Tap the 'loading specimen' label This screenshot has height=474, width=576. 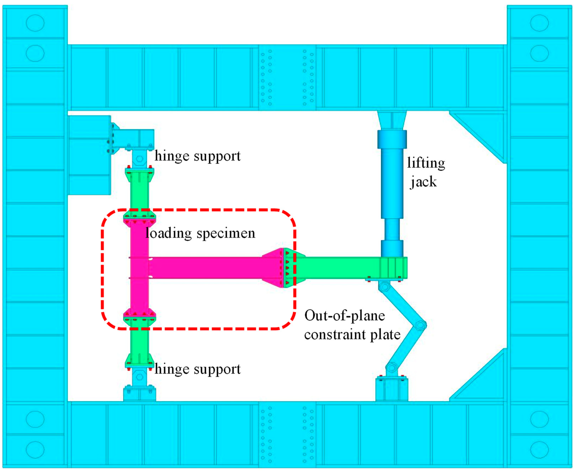pos(201,233)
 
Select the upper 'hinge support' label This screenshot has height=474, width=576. pos(198,156)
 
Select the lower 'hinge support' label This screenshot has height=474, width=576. pos(198,369)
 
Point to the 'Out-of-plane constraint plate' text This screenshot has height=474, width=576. pos(352,325)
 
